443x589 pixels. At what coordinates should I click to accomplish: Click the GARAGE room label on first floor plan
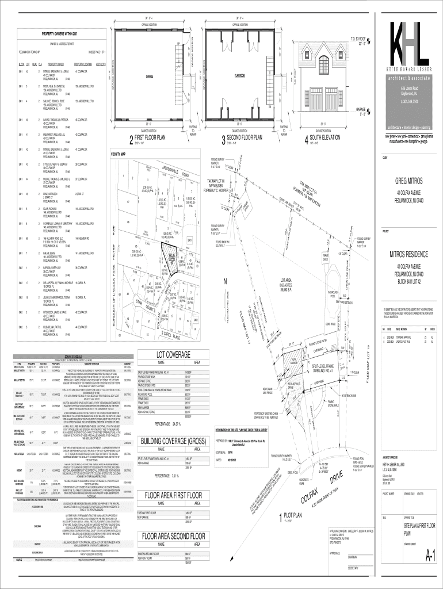[x=149, y=76]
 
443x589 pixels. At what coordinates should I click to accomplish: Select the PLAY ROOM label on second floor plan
[x=239, y=75]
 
